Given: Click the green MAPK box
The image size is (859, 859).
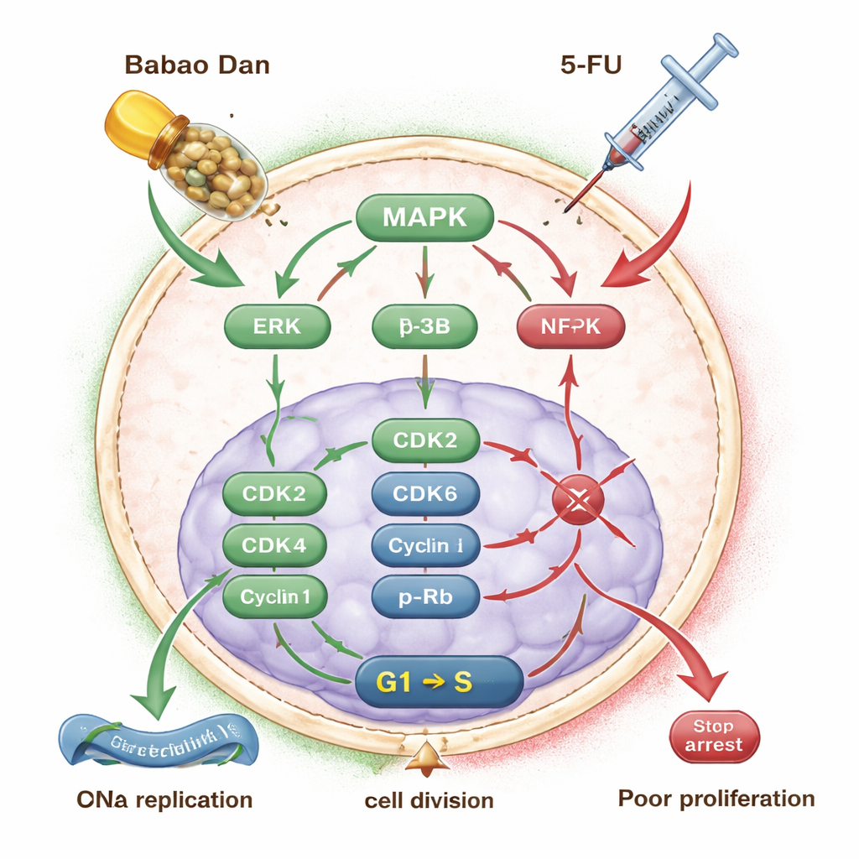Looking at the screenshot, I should (424, 217).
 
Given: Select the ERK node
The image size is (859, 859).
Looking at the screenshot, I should (276, 326).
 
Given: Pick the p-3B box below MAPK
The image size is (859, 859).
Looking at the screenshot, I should (424, 326).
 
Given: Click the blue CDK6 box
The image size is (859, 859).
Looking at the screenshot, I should (424, 493).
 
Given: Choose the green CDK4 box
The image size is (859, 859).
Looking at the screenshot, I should (273, 546).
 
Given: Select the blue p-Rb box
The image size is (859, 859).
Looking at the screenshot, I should (424, 597).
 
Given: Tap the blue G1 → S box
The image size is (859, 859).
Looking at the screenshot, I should (440, 680).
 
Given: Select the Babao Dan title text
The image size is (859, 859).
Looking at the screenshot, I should (196, 65).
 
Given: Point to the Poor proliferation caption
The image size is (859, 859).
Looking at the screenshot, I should (716, 798).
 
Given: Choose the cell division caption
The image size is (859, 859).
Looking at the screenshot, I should (429, 800).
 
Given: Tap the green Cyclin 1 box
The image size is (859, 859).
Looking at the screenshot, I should (273, 597).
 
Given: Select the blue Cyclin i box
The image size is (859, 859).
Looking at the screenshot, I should (424, 546).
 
